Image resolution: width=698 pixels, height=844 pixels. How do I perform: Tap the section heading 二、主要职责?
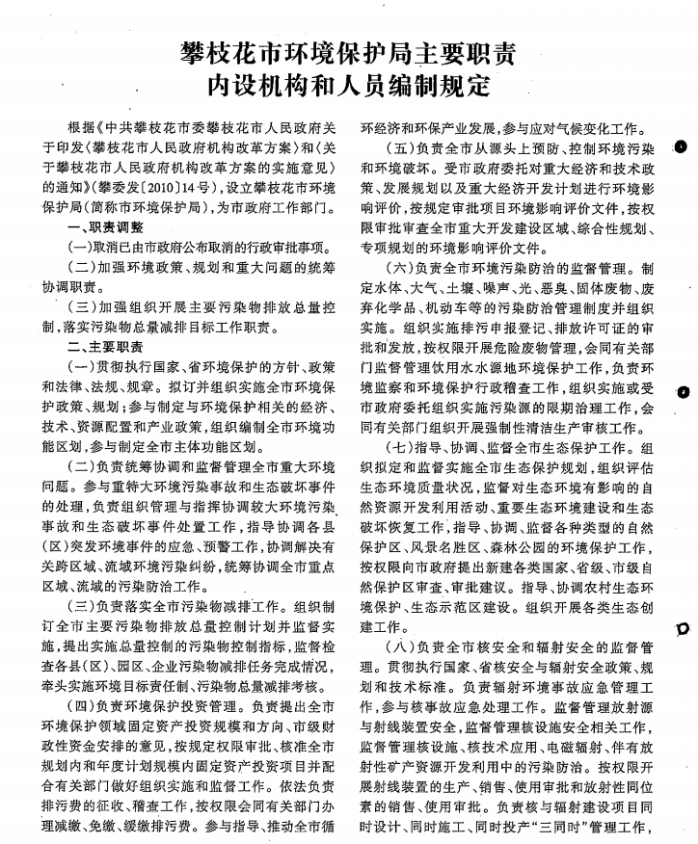[x=105, y=345]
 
